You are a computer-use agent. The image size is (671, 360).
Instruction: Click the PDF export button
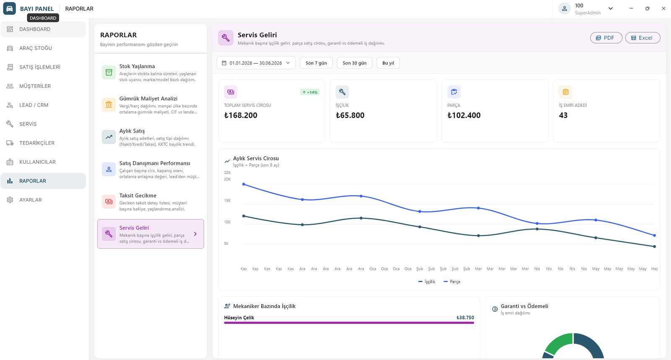click(606, 38)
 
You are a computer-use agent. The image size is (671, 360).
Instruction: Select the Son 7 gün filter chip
click(316, 63)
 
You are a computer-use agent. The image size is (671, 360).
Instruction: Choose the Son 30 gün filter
click(354, 63)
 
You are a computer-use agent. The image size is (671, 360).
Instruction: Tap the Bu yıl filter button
click(388, 63)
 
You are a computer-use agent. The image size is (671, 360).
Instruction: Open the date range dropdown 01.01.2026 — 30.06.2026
click(256, 63)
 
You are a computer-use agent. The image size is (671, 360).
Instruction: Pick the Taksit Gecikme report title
click(138, 196)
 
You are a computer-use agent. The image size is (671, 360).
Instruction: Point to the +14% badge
click(310, 92)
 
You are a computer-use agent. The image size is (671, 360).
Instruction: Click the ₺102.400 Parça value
click(464, 115)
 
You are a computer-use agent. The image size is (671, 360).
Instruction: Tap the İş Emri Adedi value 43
click(563, 115)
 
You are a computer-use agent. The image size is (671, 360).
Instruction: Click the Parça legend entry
click(452, 282)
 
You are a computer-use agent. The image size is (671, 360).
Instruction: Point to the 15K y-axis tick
click(227, 201)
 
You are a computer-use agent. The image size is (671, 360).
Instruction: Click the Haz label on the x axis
click(655, 269)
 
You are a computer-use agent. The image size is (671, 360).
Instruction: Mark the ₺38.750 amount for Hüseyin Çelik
click(465, 318)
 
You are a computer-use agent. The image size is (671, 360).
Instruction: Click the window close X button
click(663, 9)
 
